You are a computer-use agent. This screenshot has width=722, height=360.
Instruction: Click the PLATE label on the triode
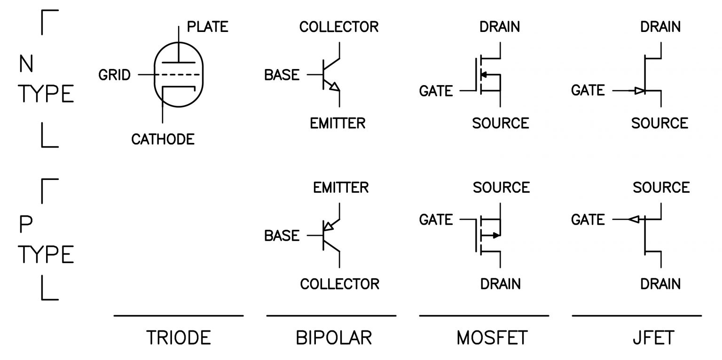(x=207, y=26)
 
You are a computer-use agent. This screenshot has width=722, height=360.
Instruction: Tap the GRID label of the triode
(x=114, y=75)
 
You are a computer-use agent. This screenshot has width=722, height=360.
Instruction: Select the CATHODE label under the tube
(x=163, y=139)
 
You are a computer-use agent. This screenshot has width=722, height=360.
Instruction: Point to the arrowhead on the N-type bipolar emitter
(x=334, y=86)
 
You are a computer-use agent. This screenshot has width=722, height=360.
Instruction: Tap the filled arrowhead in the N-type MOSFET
(x=484, y=74)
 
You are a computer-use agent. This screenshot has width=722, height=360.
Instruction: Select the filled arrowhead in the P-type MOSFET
(x=496, y=235)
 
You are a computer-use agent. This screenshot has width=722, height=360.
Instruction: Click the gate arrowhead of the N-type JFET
(x=639, y=91)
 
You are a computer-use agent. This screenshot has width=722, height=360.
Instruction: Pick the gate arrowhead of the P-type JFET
(x=634, y=219)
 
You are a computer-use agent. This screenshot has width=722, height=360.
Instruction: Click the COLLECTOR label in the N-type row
(x=338, y=26)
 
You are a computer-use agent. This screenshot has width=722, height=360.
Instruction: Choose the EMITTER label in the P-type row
(x=341, y=188)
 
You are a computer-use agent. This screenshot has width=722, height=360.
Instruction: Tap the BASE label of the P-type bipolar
(x=282, y=235)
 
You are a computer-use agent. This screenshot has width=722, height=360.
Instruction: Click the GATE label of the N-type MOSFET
(x=436, y=91)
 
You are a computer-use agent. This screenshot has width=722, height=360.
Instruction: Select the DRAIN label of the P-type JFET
(x=660, y=284)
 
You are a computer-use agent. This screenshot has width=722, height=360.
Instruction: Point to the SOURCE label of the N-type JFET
(x=659, y=123)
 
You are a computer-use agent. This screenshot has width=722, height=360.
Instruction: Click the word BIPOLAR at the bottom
(x=334, y=337)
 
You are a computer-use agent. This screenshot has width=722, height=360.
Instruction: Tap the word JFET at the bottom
(x=653, y=337)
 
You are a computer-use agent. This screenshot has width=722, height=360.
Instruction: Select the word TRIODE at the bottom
(x=179, y=337)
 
